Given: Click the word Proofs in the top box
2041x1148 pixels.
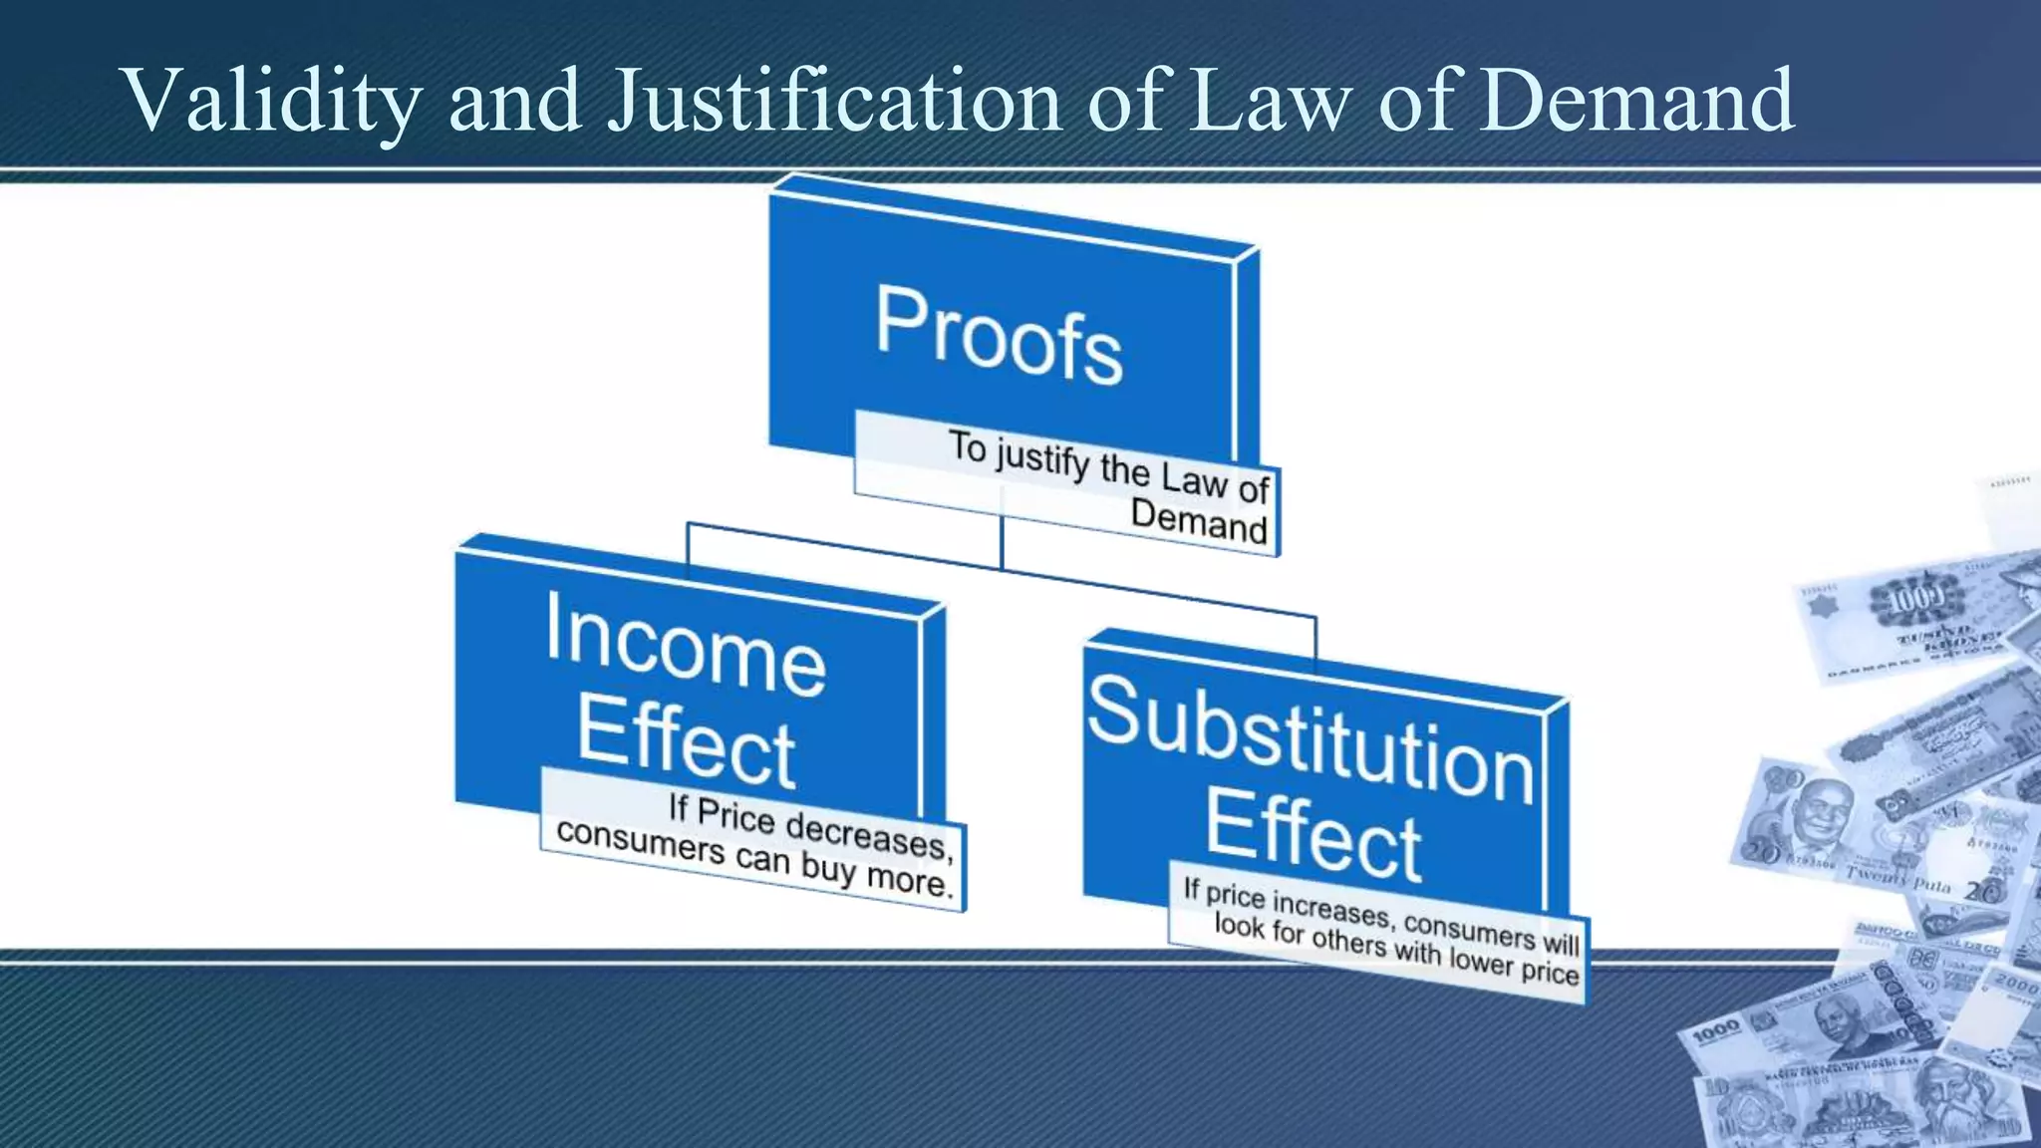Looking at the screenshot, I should coord(999,335).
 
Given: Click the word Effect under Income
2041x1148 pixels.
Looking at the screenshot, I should coord(686,742).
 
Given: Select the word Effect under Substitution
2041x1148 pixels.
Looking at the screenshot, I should coord(1313,835).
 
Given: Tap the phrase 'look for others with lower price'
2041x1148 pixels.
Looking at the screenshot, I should coord(1395,949).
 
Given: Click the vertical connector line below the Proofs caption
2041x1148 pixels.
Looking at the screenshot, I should coord(1002,543).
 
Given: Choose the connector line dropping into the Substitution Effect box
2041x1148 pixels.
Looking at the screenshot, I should coord(1315,638).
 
